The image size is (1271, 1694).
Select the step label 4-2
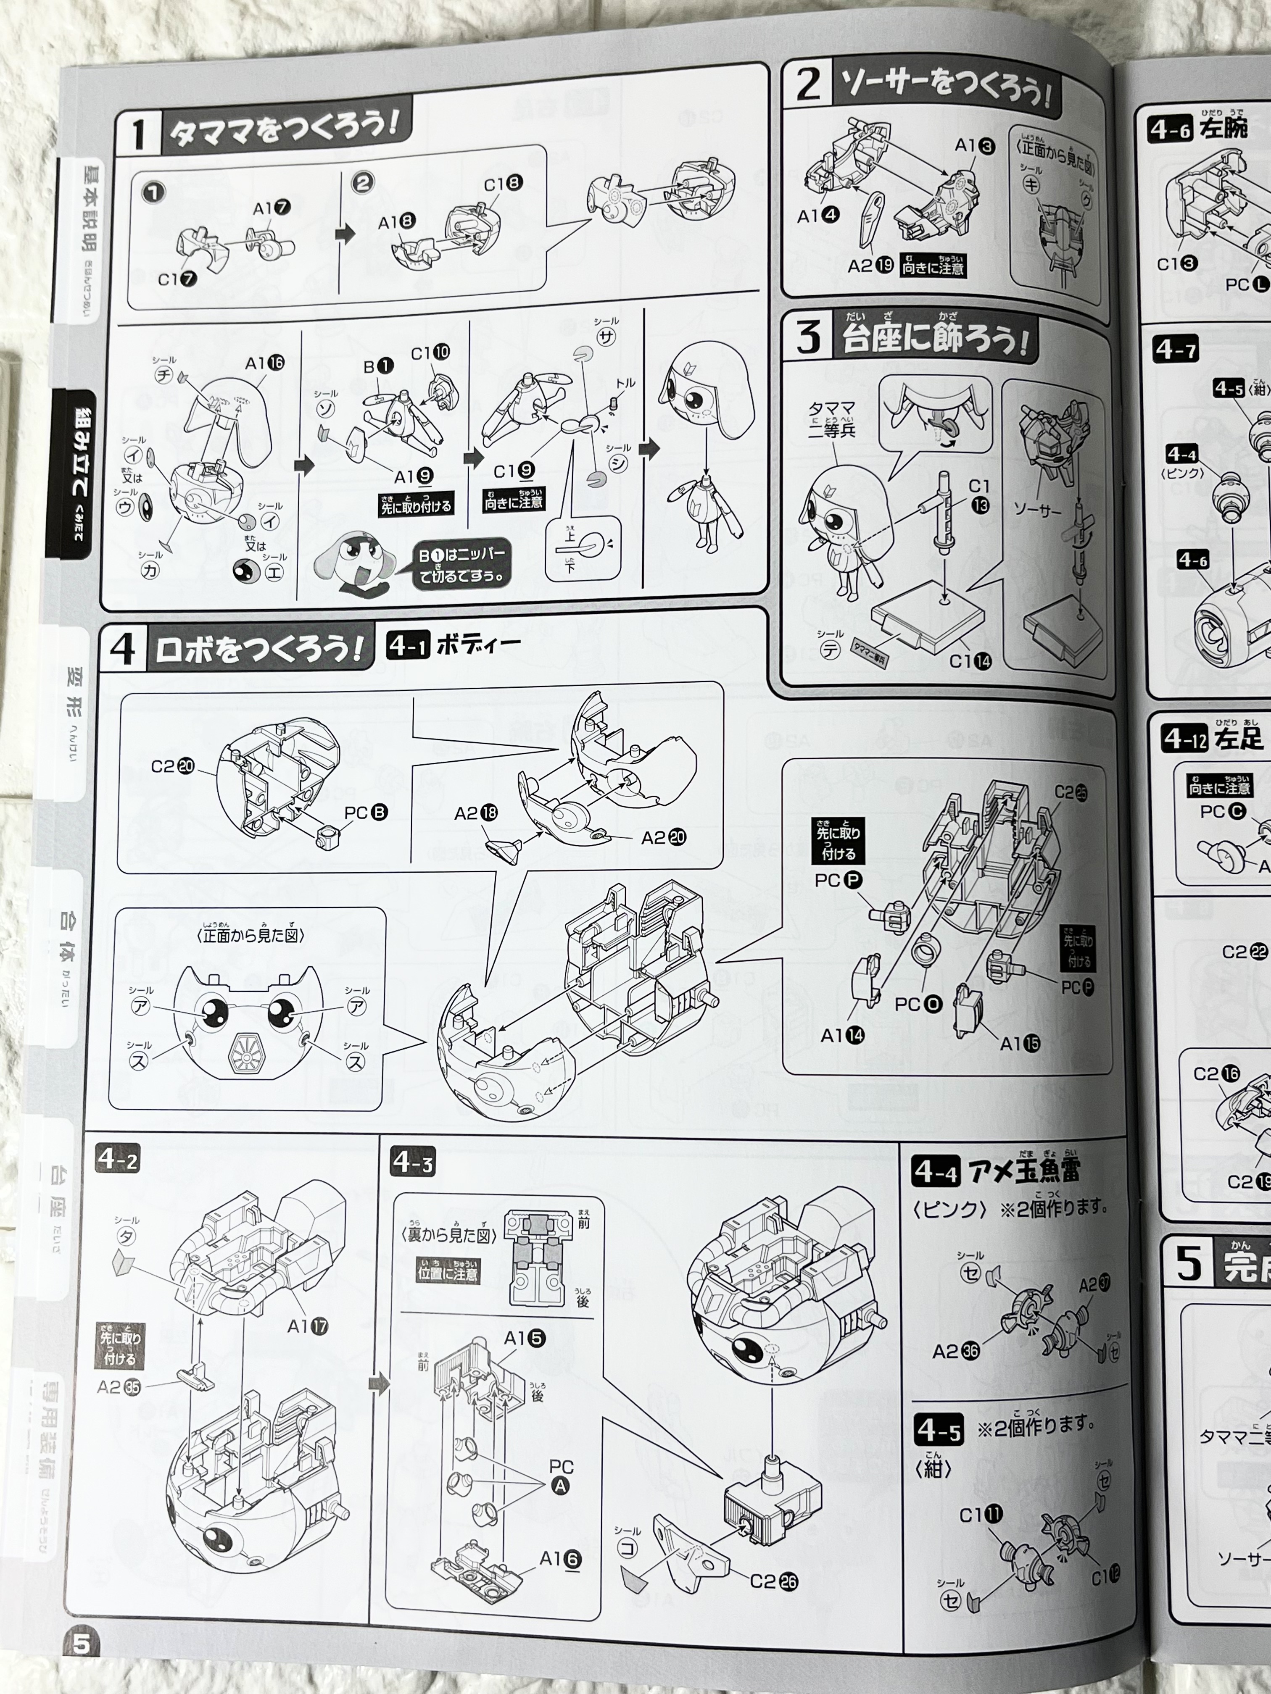(x=117, y=1160)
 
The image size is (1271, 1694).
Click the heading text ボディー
(x=478, y=645)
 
